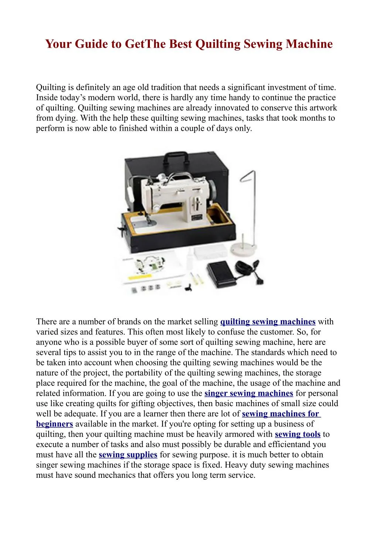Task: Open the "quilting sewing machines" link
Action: (268, 322)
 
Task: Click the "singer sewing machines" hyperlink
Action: (248, 394)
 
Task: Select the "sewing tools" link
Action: (298, 435)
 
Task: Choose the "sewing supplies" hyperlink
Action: (128, 455)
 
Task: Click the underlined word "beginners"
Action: (55, 424)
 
